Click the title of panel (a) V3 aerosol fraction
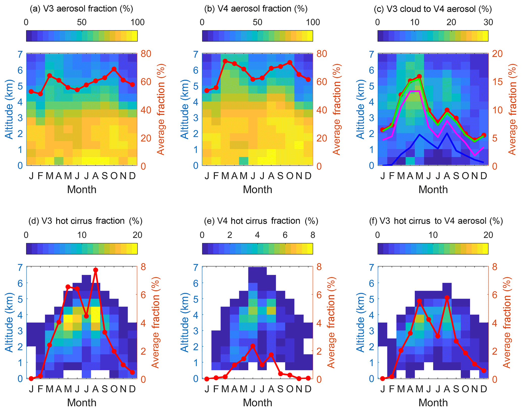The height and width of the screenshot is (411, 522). pyautogui.click(x=81, y=9)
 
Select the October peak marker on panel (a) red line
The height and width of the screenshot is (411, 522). pyautogui.click(x=114, y=69)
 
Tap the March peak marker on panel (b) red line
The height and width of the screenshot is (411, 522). pyautogui.click(x=225, y=61)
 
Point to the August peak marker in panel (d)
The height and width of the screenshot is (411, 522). pyautogui.click(x=95, y=270)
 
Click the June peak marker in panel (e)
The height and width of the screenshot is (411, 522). pyautogui.click(x=253, y=346)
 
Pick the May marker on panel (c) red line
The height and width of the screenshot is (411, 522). pyautogui.click(x=419, y=76)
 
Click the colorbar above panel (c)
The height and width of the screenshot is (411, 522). pyautogui.click(x=433, y=36)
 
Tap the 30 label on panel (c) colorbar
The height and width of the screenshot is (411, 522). pyautogui.click(x=488, y=22)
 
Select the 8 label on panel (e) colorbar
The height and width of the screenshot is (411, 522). pyautogui.click(x=313, y=235)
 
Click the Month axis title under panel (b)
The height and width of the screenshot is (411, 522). pyautogui.click(x=257, y=189)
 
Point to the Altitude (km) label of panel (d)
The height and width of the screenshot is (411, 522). pyautogui.click(x=9, y=322)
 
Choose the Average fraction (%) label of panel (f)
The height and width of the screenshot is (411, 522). pyautogui.click(x=507, y=322)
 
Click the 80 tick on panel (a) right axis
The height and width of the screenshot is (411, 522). pyautogui.click(x=146, y=54)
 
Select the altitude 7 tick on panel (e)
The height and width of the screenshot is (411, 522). pyautogui.click(x=196, y=267)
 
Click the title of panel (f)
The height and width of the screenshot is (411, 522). pyautogui.click(x=436, y=221)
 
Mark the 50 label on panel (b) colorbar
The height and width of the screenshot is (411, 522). pyautogui.click(x=257, y=22)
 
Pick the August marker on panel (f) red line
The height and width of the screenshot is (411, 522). pyautogui.click(x=447, y=298)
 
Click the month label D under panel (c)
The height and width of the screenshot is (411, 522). pyautogui.click(x=483, y=176)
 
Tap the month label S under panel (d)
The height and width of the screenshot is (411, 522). pyautogui.click(x=105, y=389)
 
